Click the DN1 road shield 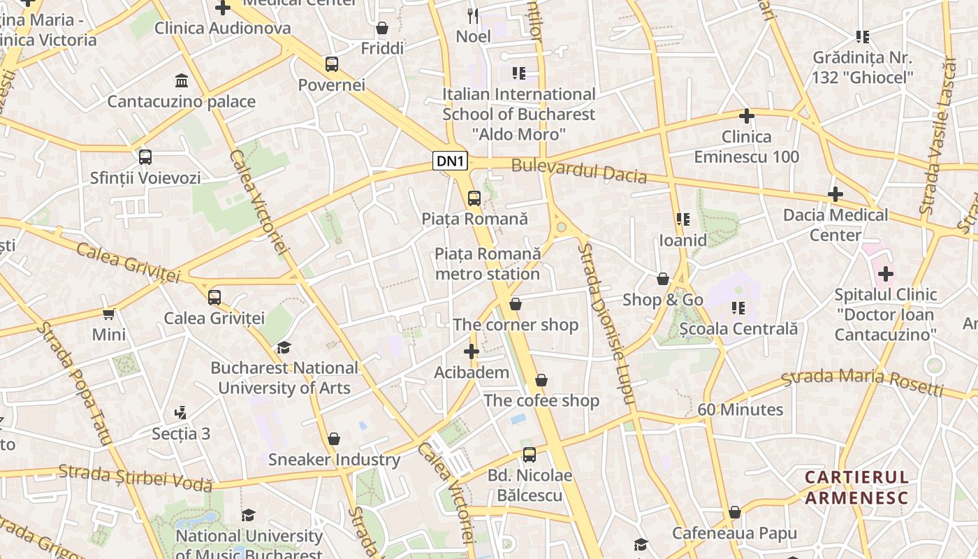(450, 161)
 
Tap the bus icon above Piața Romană (474, 198)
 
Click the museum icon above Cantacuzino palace (182, 80)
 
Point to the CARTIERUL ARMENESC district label (856, 488)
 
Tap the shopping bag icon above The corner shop (516, 304)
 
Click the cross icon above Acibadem (472, 351)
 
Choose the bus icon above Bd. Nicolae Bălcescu (530, 455)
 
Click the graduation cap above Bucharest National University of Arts (284, 347)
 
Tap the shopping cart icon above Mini (109, 314)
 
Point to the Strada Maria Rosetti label (862, 381)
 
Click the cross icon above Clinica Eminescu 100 (747, 116)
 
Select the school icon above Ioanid (683, 219)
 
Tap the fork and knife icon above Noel (473, 15)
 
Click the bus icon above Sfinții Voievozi (145, 157)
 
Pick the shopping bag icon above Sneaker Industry (334, 439)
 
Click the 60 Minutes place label (740, 409)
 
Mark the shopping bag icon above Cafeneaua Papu (734, 513)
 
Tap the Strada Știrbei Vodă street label (135, 477)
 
